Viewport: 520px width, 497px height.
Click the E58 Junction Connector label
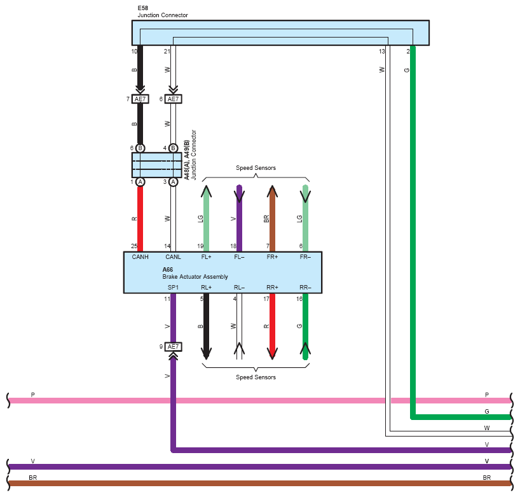pyautogui.click(x=163, y=11)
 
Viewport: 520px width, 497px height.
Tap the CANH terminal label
pyautogui.click(x=140, y=257)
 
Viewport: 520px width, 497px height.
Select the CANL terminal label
pyautogui.click(x=173, y=257)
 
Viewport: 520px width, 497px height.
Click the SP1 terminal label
pyautogui.click(x=173, y=288)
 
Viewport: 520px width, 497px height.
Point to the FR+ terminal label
pyautogui.click(x=272, y=257)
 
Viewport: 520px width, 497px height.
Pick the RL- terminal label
pyautogui.click(x=239, y=288)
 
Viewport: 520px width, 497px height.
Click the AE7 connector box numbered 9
pyautogui.click(x=173, y=347)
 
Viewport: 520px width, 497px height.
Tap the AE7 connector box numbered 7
pyautogui.click(x=140, y=99)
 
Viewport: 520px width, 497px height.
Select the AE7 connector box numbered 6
pyautogui.click(x=173, y=99)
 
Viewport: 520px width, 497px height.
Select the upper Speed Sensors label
pyautogui.click(x=256, y=168)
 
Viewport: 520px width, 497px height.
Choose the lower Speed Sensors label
pyautogui.click(x=256, y=377)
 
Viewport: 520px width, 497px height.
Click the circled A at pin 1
pyautogui.click(x=140, y=182)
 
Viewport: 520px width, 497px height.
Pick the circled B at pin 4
pyautogui.click(x=173, y=148)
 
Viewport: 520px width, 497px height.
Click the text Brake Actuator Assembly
pyautogui.click(x=195, y=277)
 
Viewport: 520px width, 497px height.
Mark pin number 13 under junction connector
pyautogui.click(x=381, y=52)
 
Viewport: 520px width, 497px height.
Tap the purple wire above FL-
pyautogui.click(x=239, y=218)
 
